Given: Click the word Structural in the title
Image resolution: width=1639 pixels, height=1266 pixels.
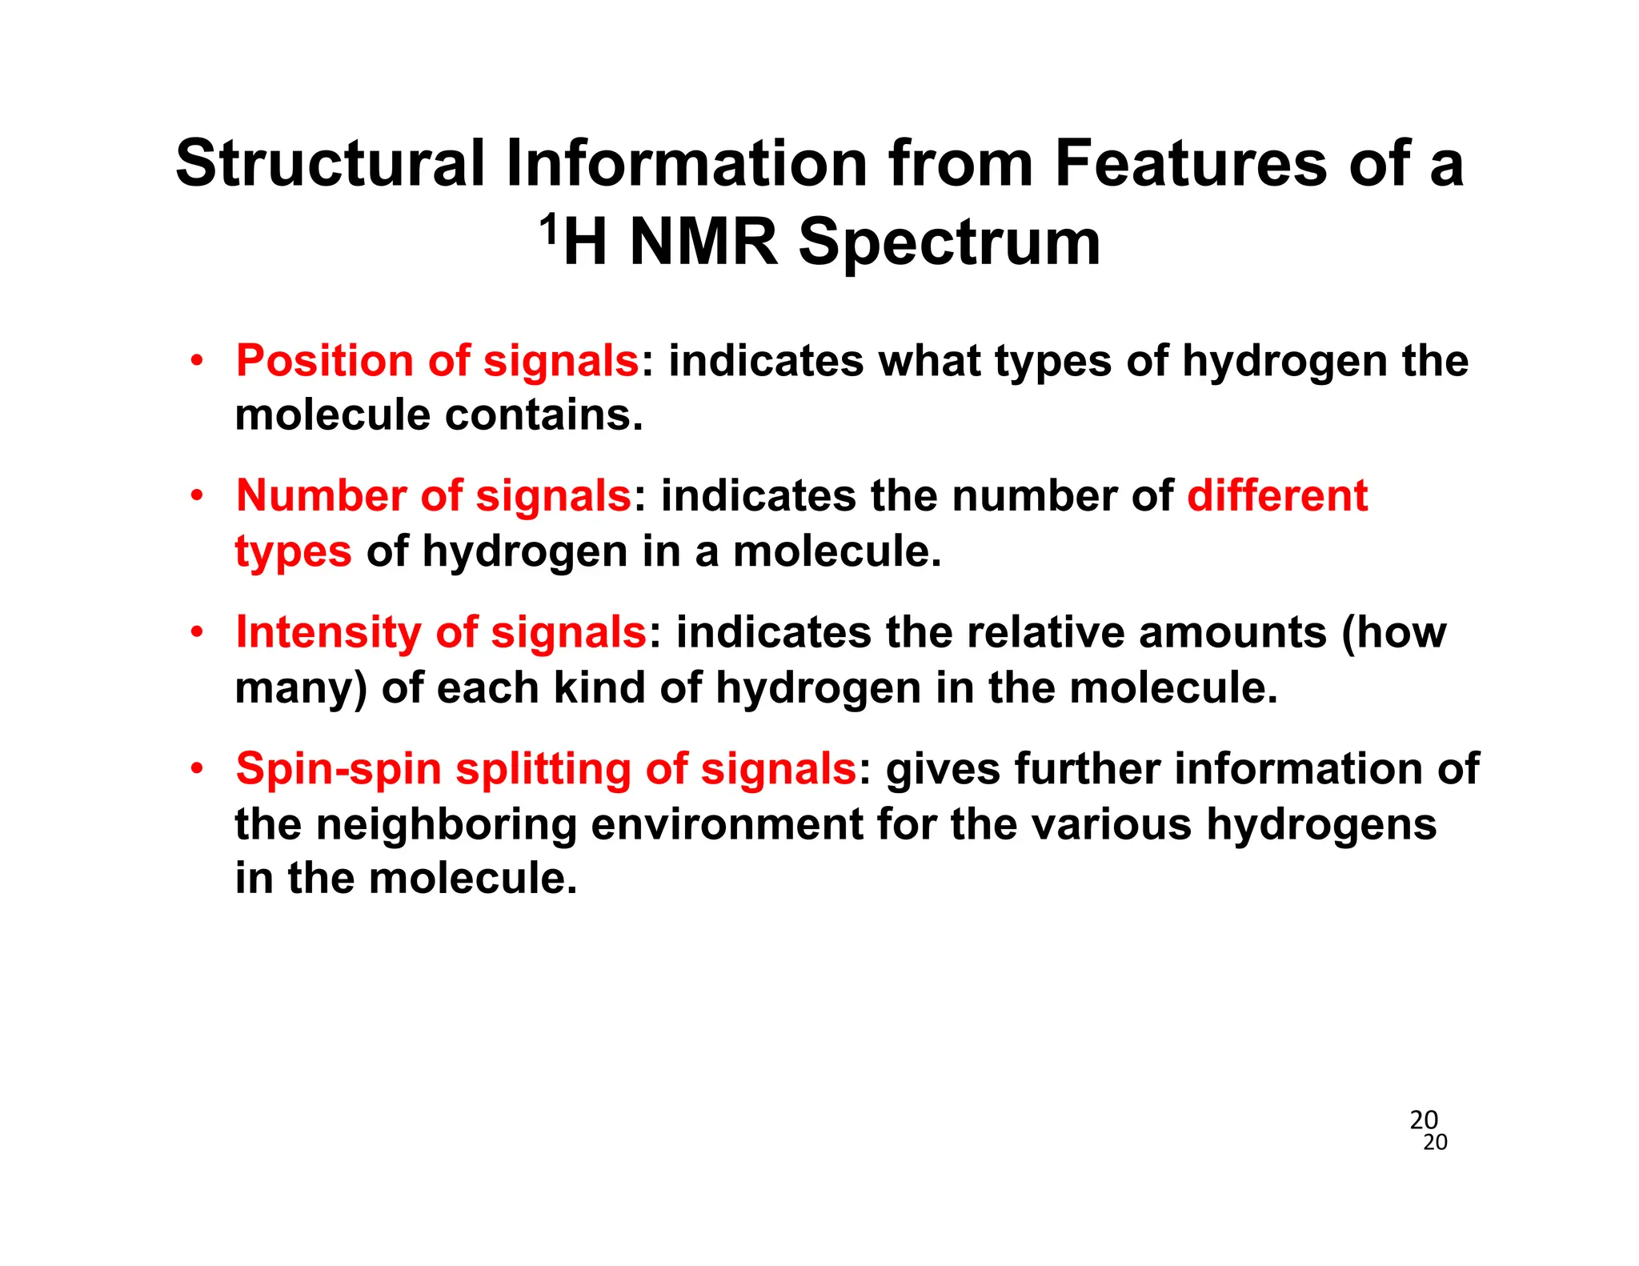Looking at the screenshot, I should [x=330, y=164].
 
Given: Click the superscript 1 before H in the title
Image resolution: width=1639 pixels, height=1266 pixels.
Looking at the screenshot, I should [x=548, y=231].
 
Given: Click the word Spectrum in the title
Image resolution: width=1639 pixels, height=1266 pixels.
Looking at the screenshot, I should [x=949, y=244].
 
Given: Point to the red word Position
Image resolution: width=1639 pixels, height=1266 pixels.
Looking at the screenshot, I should [x=324, y=361].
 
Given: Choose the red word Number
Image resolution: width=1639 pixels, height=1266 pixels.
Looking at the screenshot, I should [x=320, y=496].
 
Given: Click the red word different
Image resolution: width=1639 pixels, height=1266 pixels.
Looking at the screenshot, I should [x=1277, y=496].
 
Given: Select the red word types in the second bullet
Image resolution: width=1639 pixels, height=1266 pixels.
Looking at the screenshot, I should [x=293, y=553].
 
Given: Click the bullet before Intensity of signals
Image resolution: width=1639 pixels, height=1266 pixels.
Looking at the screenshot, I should [x=197, y=632].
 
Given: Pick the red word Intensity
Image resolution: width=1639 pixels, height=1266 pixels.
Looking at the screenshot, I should [x=328, y=632].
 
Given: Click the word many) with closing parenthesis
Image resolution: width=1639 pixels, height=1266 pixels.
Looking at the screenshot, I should [x=301, y=689].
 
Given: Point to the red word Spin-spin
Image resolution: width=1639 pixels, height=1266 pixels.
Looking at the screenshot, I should [x=338, y=769].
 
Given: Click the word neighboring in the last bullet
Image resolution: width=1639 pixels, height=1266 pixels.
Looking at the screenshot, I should [x=446, y=825].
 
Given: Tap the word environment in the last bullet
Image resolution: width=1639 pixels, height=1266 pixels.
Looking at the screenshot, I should [x=727, y=825].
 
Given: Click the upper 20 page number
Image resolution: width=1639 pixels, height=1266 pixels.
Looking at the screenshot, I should [x=1424, y=1119].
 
